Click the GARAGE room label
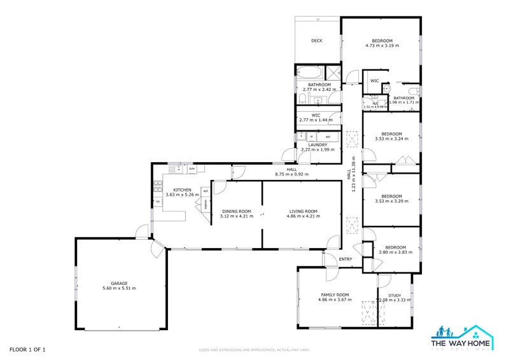tap(119, 283)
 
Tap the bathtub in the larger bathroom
tap(309, 71)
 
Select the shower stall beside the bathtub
tap(331, 71)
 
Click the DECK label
tap(316, 41)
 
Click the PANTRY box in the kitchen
tap(206, 204)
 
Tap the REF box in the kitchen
tap(206, 190)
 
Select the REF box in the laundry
tap(328, 137)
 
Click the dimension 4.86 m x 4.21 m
tap(303, 216)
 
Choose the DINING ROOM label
tap(237, 211)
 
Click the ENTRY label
tap(345, 259)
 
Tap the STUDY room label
tap(394, 295)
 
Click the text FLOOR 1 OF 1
tap(27, 349)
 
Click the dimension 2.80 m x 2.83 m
tap(395, 252)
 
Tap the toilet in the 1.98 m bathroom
tap(414, 90)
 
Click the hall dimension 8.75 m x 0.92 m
tap(291, 174)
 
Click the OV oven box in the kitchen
tap(157, 202)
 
